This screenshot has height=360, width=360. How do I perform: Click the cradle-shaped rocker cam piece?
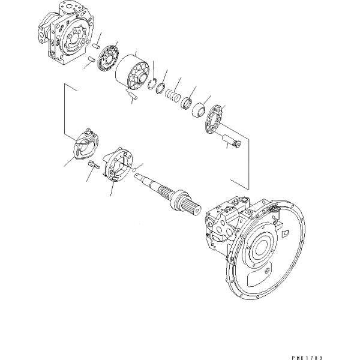point(85,144)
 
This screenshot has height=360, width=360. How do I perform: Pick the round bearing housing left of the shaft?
point(120,164)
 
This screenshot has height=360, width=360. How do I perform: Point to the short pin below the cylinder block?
point(133,94)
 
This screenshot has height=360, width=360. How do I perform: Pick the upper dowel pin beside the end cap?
point(96,44)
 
